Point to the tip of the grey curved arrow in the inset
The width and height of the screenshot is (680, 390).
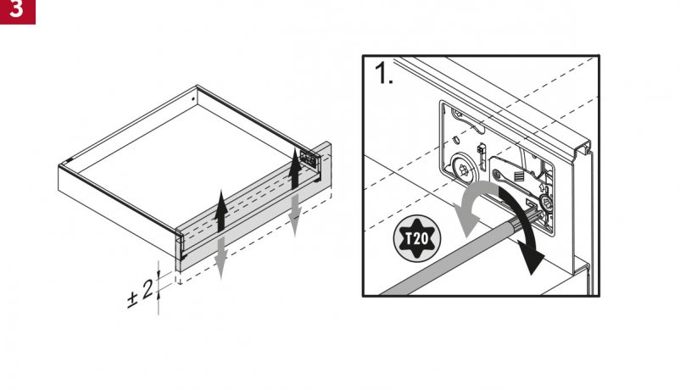tap(465, 237)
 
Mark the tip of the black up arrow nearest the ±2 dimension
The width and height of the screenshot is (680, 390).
tap(221, 191)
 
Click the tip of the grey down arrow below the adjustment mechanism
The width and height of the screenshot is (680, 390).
tap(295, 237)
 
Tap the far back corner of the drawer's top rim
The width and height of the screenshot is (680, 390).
tap(197, 86)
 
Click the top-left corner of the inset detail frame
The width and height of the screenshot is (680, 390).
tap(363, 55)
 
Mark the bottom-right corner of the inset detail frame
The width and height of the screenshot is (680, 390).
tap(599, 296)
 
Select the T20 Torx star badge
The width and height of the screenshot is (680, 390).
tap(417, 238)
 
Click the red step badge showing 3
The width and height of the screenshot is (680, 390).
tap(17, 12)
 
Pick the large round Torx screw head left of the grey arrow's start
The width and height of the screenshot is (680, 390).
tap(464, 169)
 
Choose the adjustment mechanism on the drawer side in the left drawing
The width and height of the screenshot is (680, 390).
tap(309, 159)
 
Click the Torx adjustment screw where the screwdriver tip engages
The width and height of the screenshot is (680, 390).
tap(544, 203)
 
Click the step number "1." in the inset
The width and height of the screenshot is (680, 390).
tap(384, 73)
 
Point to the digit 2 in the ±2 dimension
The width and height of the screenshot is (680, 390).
tap(148, 289)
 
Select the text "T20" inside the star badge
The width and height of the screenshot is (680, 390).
tap(417, 238)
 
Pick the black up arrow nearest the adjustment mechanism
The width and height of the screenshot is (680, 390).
tap(295, 169)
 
